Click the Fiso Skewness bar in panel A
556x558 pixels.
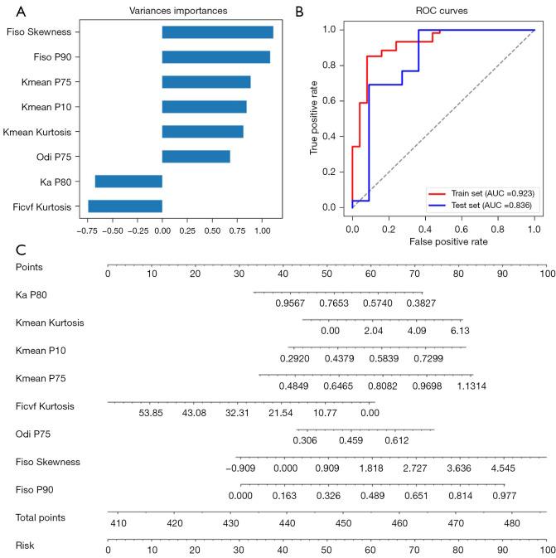tap(217, 32)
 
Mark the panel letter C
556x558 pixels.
tap(20, 250)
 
